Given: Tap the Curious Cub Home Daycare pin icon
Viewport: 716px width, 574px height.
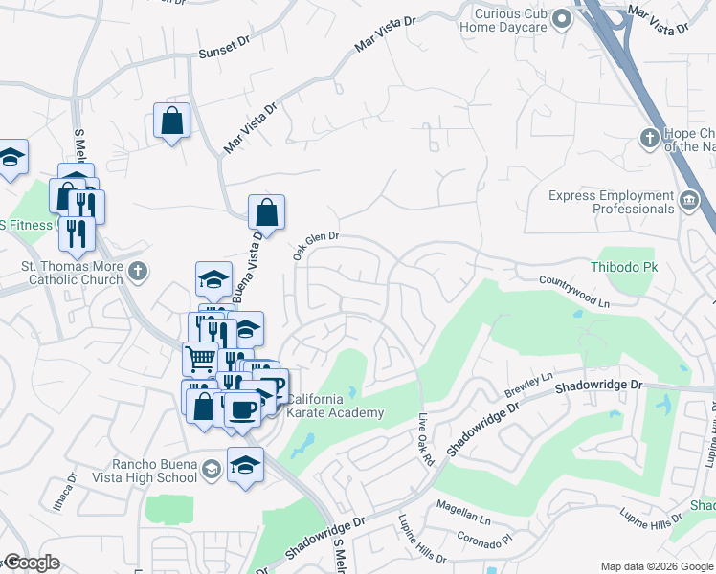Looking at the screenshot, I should [562, 19].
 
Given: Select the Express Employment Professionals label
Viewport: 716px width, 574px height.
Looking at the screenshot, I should [611, 202].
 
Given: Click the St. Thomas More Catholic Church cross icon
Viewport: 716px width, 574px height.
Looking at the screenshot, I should [139, 272].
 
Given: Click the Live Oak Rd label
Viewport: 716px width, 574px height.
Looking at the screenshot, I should [427, 441].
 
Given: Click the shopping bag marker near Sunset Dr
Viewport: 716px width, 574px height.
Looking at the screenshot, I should [172, 121].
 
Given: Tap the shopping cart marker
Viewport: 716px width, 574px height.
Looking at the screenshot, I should [200, 360].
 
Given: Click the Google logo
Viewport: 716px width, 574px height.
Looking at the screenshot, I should [32, 563].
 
